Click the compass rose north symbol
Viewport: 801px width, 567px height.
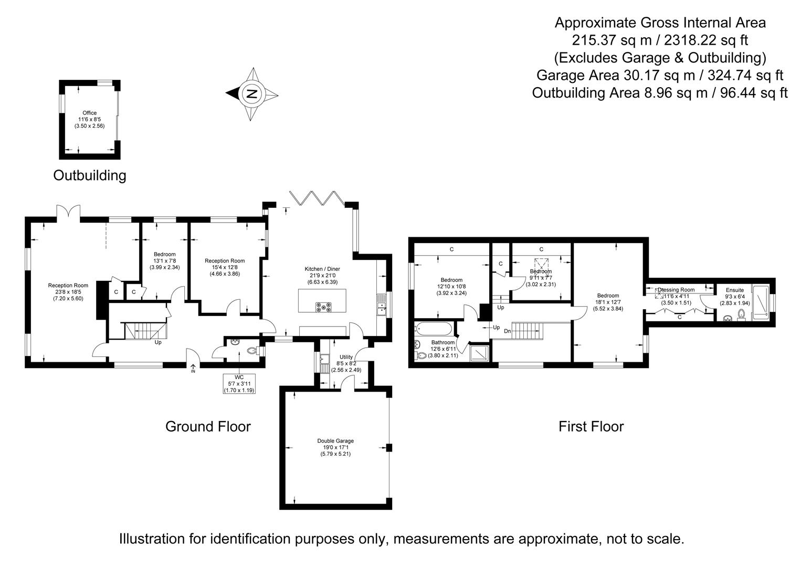251,94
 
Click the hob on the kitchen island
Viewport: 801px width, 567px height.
322,307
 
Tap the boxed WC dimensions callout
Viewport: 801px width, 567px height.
239,384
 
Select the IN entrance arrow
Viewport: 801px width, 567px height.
193,369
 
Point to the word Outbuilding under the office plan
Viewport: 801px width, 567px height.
90,175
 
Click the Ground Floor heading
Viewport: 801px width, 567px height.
208,426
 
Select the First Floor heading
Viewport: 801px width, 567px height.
591,426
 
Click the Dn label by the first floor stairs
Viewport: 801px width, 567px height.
507,331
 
